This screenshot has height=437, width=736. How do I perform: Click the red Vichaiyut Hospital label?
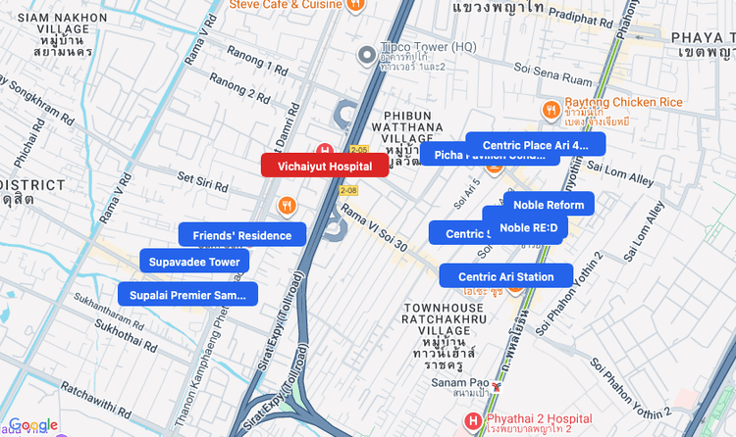coord(324,167)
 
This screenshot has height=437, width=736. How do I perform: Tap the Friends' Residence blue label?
coord(241,235)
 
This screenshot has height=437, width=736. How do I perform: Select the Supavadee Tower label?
coord(194,262)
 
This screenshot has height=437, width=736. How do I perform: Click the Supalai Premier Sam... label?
coord(187,295)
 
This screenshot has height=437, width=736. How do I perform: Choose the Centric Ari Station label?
coord(505,277)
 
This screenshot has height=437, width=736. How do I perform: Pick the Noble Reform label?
coord(549,205)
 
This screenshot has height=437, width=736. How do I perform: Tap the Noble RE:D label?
coord(528,228)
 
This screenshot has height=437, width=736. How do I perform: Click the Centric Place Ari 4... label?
coord(535,145)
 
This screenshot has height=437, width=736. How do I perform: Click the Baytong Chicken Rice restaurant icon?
coord(551,109)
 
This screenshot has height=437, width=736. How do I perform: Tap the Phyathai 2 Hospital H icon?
coord(474,421)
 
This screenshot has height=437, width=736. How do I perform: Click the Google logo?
coord(33,424)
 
